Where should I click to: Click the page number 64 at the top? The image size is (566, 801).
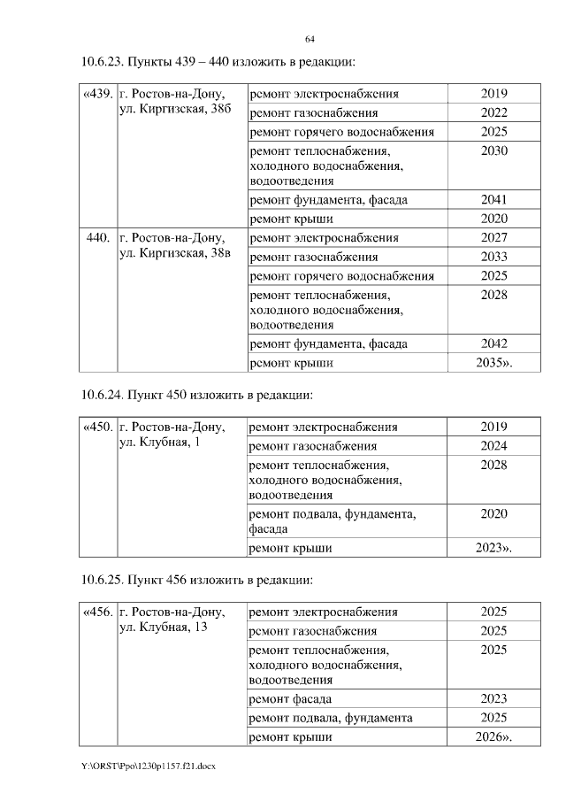click(310, 40)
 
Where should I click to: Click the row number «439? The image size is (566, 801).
click(97, 94)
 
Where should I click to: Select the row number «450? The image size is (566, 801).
click(97, 427)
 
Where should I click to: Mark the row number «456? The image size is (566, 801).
click(97, 612)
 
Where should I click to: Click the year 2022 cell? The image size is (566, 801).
click(493, 113)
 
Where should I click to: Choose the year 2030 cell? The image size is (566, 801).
click(493, 151)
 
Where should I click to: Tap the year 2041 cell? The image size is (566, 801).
click(493, 200)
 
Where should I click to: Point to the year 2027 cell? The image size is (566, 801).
click(493, 238)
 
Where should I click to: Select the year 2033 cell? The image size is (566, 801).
click(493, 258)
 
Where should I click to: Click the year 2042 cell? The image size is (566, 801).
click(493, 343)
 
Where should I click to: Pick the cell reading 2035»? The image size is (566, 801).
click(493, 363)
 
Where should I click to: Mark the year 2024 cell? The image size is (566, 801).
click(493, 446)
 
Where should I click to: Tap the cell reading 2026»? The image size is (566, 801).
click(493, 736)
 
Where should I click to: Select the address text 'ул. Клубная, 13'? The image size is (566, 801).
click(163, 628)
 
